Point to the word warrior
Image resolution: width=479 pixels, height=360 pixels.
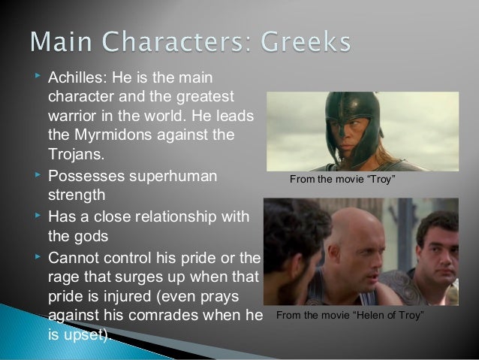coord(72,119)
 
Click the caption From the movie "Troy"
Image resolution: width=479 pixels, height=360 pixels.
coord(348,181)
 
